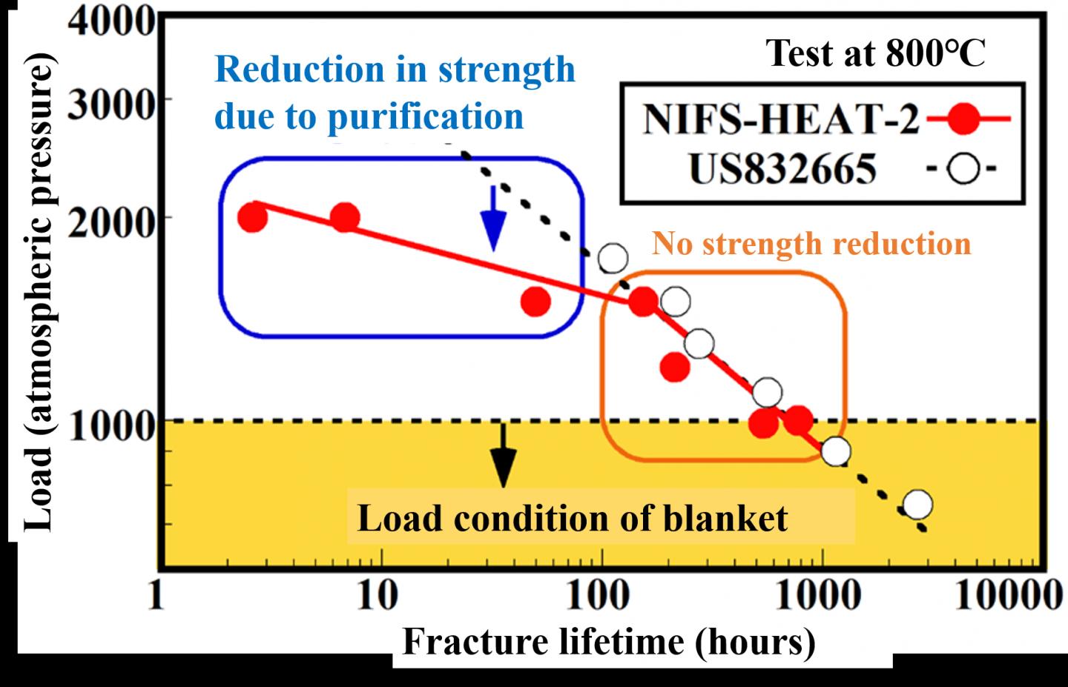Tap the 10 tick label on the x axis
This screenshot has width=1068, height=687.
pos(377,595)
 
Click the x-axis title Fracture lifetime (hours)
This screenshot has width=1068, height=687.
pos(608,642)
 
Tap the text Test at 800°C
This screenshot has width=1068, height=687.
pos(876,53)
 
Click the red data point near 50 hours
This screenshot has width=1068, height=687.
pos(535,302)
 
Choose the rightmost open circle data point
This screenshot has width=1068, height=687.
pos(918,505)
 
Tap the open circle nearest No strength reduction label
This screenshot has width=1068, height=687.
pos(613,258)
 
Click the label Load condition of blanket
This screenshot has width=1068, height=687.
pos(572,518)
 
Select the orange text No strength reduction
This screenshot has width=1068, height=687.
pos(811,244)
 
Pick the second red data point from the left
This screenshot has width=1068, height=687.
pos(345,218)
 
